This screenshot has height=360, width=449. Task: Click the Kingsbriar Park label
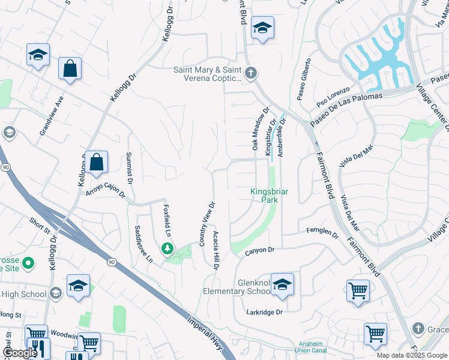pos(270,196)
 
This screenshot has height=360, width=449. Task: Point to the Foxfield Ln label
pos(167,220)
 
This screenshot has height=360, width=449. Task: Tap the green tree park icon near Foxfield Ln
pos(167,248)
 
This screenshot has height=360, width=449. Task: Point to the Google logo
pos(19,353)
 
